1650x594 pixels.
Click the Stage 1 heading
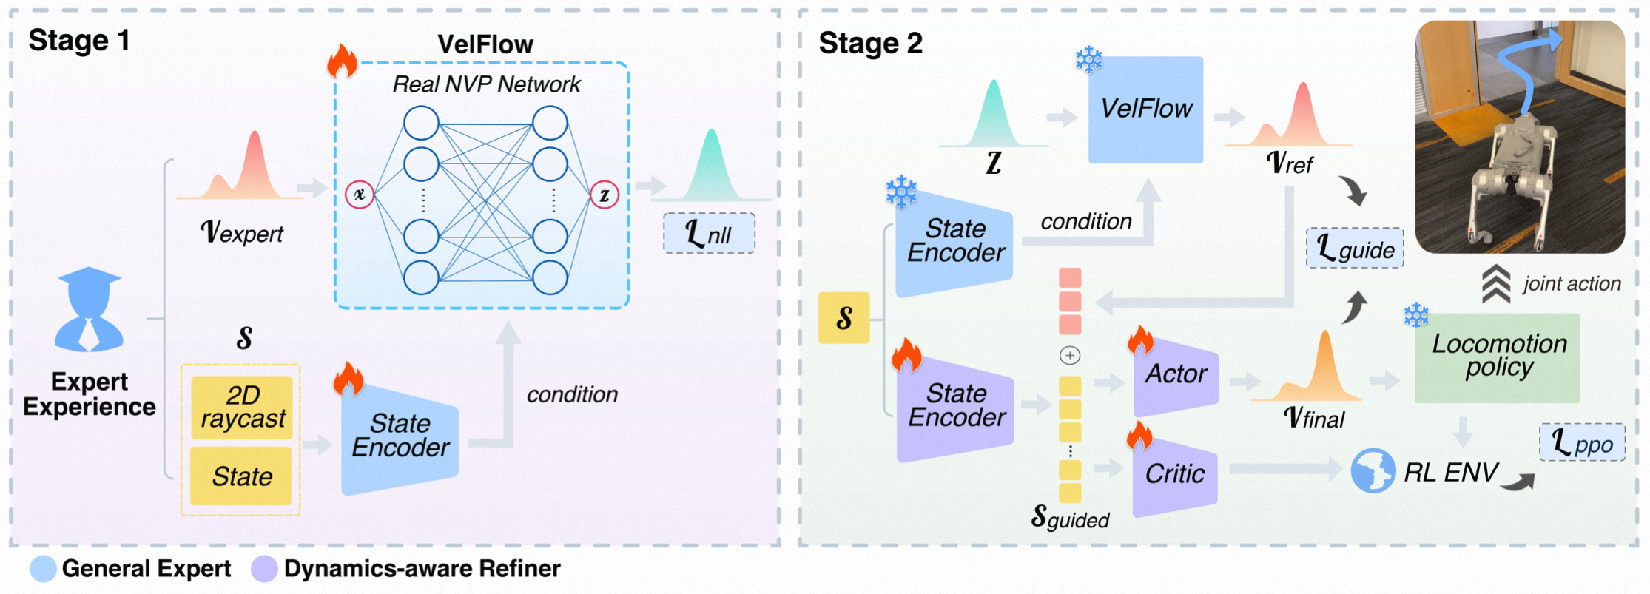(79, 41)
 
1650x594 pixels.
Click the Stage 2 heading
(870, 44)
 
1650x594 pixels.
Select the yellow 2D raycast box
(242, 408)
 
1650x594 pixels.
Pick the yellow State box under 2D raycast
(242, 476)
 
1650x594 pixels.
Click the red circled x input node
(360, 195)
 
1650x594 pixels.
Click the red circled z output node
(605, 195)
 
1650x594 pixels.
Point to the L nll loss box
(709, 234)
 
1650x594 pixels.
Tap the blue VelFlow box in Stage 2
(1145, 109)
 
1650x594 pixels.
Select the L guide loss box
(1355, 249)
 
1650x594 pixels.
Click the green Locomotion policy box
(1498, 357)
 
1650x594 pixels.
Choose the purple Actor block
(1176, 375)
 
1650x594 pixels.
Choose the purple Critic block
(1175, 474)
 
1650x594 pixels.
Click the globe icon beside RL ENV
(1373, 471)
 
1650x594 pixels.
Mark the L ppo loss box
(1582, 443)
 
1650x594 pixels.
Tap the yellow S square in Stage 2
(843, 318)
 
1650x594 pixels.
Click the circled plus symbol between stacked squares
(1070, 356)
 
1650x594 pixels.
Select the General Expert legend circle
(44, 569)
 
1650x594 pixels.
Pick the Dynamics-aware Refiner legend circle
(264, 569)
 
